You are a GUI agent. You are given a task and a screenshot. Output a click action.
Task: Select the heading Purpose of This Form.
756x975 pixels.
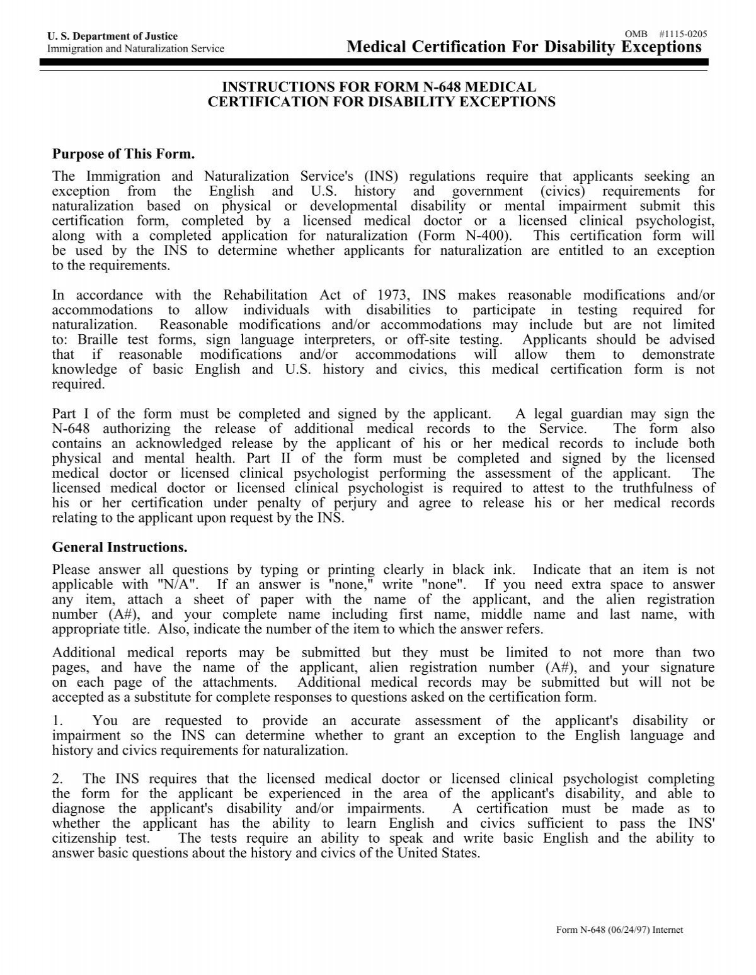[124, 154]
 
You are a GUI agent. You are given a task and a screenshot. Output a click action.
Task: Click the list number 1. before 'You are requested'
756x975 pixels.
[57, 720]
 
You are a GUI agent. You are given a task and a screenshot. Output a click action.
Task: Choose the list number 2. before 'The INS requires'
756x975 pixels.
[57, 779]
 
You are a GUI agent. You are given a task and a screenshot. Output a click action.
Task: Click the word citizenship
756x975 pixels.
[84, 838]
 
